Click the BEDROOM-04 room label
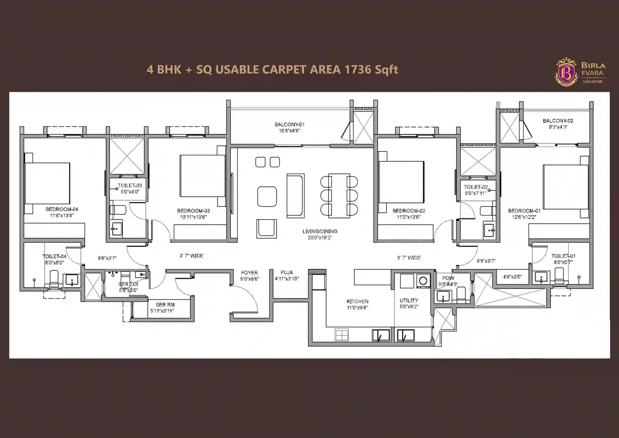(62, 209)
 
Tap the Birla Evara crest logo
(566, 72)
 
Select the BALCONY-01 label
(289, 124)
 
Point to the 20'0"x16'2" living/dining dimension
(320, 237)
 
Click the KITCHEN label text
(357, 301)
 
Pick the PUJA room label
(287, 272)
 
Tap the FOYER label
(249, 273)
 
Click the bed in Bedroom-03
(202, 176)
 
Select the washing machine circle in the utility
(423, 281)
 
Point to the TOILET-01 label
(563, 256)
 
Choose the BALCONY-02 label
(558, 121)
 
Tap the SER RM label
(165, 305)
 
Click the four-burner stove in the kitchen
(342, 335)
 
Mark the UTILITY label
(409, 300)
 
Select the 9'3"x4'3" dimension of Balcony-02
(558, 127)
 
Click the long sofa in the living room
(295, 195)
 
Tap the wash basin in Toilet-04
(72, 280)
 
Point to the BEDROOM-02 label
(409, 211)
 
